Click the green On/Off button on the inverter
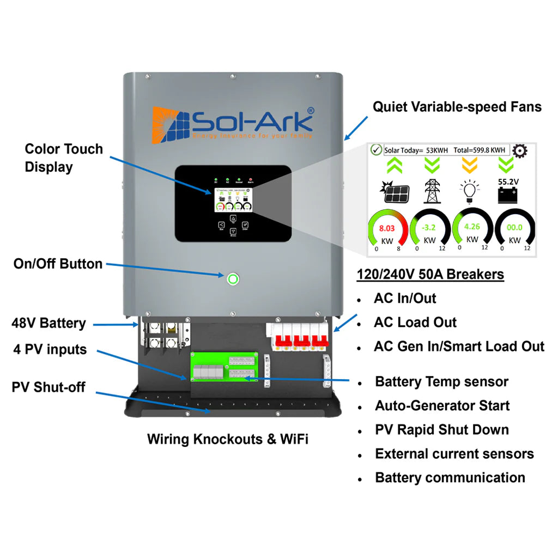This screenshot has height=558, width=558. tap(233, 279)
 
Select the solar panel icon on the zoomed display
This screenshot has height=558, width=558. tap(397, 191)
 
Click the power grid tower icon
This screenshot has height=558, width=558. tap(432, 191)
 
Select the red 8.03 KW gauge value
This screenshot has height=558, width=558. tap(386, 228)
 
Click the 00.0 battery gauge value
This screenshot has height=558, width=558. tap(514, 228)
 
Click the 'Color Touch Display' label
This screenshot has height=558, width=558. tap(64, 158)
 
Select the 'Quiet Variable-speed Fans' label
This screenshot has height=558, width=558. tap(457, 107)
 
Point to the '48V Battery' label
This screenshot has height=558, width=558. tap(49, 323)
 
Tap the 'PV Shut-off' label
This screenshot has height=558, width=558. tap(48, 387)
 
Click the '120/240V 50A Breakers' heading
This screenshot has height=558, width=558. tap(430, 274)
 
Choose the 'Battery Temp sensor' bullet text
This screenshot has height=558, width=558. tap(441, 381)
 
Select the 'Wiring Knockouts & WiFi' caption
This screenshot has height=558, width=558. tap(228, 439)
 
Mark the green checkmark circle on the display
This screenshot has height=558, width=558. tap(375, 150)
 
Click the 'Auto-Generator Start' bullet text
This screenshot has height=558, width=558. tap(442, 405)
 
